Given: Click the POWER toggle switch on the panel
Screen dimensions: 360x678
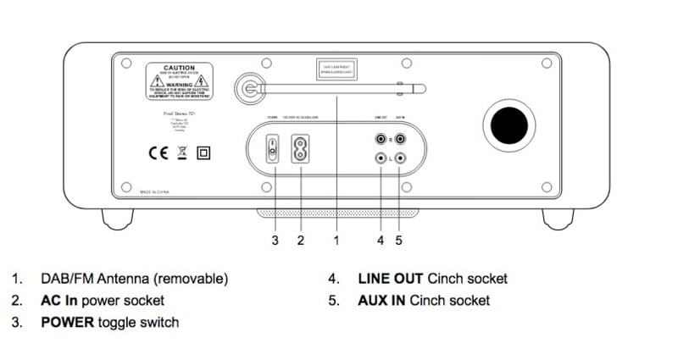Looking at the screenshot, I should (273, 149).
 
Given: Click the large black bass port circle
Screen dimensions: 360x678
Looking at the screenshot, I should (508, 125).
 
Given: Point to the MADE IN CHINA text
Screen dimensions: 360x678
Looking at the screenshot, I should (158, 192).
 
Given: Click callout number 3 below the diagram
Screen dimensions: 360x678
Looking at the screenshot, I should (275, 241).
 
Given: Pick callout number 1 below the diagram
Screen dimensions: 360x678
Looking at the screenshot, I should (336, 241).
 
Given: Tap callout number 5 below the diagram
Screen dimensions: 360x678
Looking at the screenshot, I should (398, 241).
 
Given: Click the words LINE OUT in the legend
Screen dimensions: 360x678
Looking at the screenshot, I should (391, 278).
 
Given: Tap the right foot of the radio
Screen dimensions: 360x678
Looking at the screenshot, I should (558, 219).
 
